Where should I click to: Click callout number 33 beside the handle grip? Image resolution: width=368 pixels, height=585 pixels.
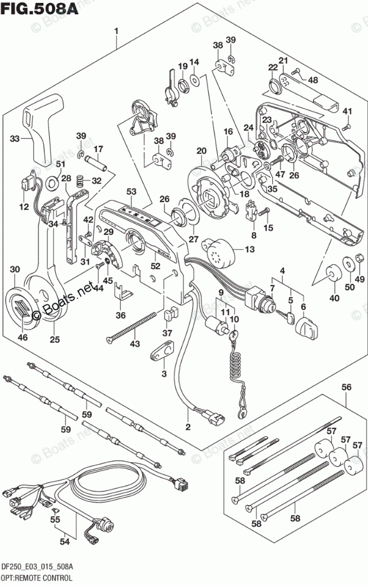pos(14,139)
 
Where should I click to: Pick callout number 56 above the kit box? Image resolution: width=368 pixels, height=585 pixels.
pos(346,387)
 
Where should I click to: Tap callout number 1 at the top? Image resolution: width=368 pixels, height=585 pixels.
pos(117,30)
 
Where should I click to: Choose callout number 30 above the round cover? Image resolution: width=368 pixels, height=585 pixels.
pos(17,271)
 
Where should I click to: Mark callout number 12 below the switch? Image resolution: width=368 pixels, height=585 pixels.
pos(24,207)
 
